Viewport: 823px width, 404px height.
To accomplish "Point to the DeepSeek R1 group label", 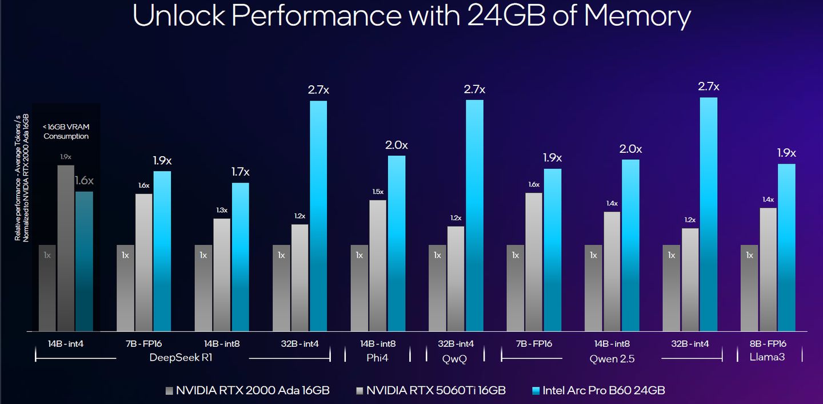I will [x=182, y=358].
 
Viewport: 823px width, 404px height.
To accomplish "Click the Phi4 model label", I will [x=377, y=358].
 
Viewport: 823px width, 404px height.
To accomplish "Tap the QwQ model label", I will [x=455, y=358].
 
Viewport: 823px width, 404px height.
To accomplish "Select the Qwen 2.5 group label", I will [x=612, y=358].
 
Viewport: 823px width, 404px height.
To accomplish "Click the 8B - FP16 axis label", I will [x=769, y=343].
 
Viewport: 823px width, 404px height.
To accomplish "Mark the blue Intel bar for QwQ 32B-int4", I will [x=474, y=215].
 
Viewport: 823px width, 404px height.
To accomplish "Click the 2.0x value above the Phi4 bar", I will [x=397, y=145].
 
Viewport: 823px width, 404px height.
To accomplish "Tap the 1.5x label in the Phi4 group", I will [x=378, y=191].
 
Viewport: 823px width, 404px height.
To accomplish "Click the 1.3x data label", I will [x=222, y=210].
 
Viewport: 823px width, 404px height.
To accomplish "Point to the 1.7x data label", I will [x=240, y=172].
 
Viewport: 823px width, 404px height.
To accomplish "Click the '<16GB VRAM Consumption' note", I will [x=66, y=132].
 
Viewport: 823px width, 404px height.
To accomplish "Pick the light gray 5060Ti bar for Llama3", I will [x=768, y=269].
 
